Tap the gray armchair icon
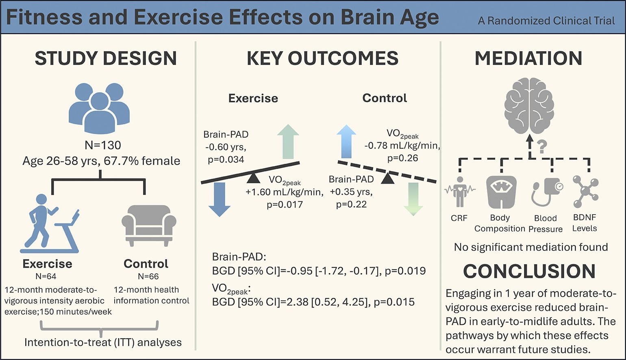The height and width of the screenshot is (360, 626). pyautogui.click(x=148, y=225)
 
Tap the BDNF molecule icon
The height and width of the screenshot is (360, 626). pyautogui.click(x=585, y=191)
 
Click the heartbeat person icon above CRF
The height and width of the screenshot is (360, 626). pyautogui.click(x=460, y=191)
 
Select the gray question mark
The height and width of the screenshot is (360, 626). pyautogui.click(x=542, y=146)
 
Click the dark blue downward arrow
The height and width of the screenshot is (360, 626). pyautogui.click(x=220, y=200)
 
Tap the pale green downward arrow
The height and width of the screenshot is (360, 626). pyautogui.click(x=413, y=199)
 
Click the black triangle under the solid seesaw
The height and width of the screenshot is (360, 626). pyautogui.click(x=254, y=178)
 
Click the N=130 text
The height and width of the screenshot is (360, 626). pyautogui.click(x=103, y=145)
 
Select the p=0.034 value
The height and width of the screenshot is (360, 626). pyautogui.click(x=226, y=160)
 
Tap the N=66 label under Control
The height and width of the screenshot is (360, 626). pyautogui.click(x=148, y=276)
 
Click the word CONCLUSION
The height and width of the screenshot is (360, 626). pyautogui.click(x=529, y=271)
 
